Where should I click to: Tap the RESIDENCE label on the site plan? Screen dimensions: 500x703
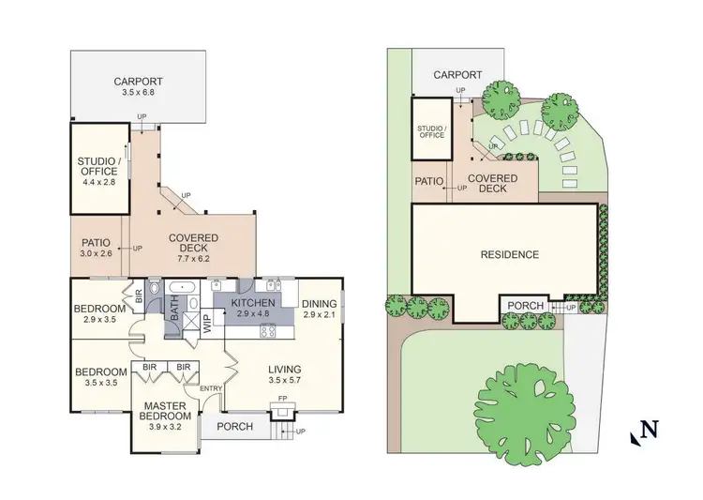[509, 254]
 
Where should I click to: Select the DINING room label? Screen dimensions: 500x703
[320, 303]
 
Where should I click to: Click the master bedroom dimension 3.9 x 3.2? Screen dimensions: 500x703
[166, 427]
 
